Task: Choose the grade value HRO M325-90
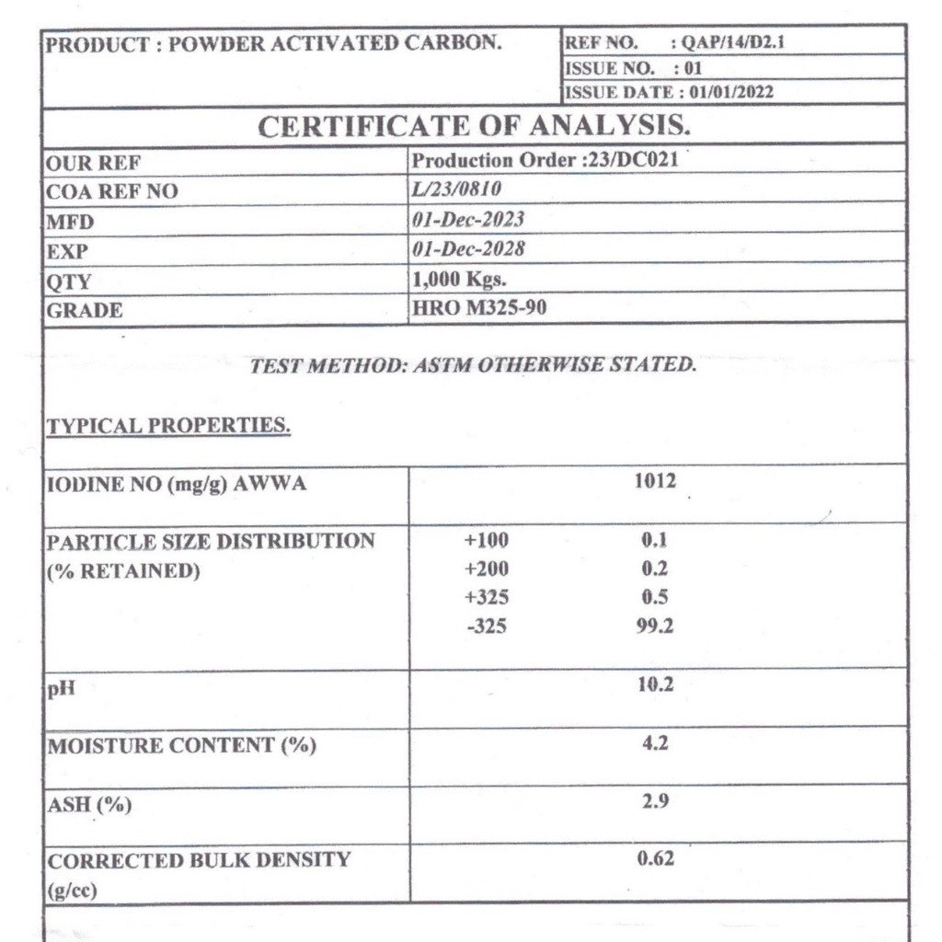479,307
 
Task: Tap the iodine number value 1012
655,481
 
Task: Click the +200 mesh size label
487,569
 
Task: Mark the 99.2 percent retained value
655,627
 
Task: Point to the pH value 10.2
655,685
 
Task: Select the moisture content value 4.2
655,743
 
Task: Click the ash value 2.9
655,801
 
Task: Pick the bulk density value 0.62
655,859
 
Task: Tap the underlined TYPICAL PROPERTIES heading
168,426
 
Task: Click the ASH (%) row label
89,806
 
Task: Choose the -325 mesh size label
487,627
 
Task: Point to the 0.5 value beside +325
655,598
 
